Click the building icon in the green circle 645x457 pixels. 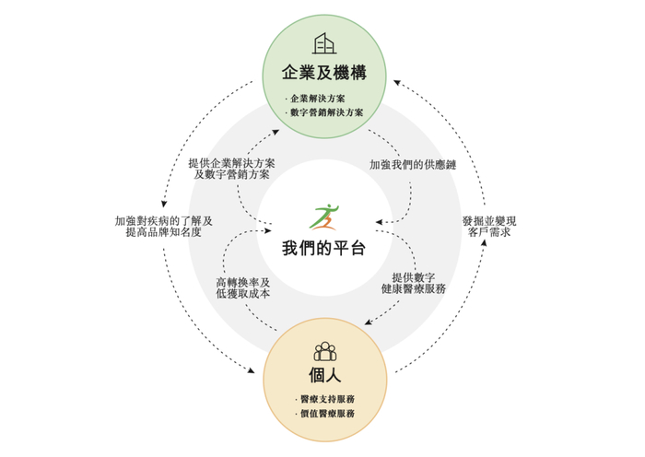tap(323, 43)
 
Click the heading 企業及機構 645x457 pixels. tap(324, 72)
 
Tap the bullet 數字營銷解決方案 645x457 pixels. tap(326, 111)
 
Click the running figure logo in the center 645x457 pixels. tap(323, 217)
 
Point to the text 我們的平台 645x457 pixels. tap(323, 247)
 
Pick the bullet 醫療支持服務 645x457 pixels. tap(325, 399)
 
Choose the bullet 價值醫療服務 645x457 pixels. tap(325, 414)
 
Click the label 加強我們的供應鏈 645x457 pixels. tap(414, 164)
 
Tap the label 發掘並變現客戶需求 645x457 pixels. tap(489, 226)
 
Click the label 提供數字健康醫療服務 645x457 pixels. tap(414, 282)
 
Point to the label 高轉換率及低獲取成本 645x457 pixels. tap(243, 287)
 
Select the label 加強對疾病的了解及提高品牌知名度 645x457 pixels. tap(163, 226)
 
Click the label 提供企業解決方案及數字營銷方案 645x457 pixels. tap(232, 169)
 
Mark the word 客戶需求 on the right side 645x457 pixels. tap(489, 232)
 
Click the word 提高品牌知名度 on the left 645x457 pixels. tap(163, 232)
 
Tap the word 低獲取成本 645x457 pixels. tap(243, 294)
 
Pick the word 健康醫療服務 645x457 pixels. tap(414, 288)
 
